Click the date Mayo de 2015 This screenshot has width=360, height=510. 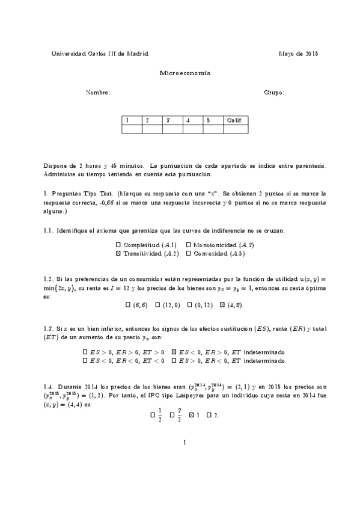pos(299,54)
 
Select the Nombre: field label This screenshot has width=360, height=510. pos(98,93)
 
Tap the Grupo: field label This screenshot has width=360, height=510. pos(274,93)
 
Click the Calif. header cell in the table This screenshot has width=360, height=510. pos(235,120)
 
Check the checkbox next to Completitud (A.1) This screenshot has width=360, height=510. pos(118,245)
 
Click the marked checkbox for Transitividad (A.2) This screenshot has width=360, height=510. pos(118,254)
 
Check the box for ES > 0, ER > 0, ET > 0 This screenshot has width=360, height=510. pos(85,352)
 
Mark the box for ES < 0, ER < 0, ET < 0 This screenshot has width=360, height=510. pos(85,361)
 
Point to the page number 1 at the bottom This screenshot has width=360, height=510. pos(185,443)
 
